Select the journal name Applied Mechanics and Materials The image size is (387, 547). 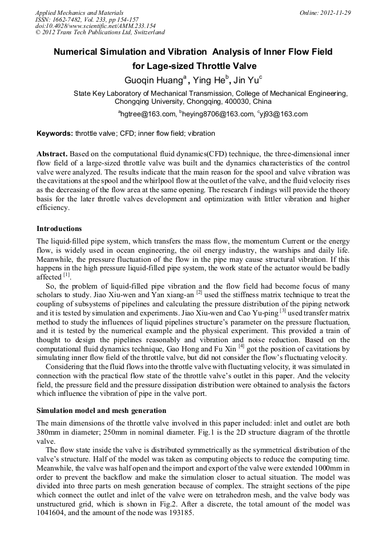click(79, 13)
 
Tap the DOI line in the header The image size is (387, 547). click(95, 26)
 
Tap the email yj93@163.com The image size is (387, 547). click(282, 114)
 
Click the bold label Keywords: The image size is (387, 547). click(55, 134)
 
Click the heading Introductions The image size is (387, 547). click(59, 229)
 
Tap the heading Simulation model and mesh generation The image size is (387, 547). click(101, 411)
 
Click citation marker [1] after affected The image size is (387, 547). click(67, 275)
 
